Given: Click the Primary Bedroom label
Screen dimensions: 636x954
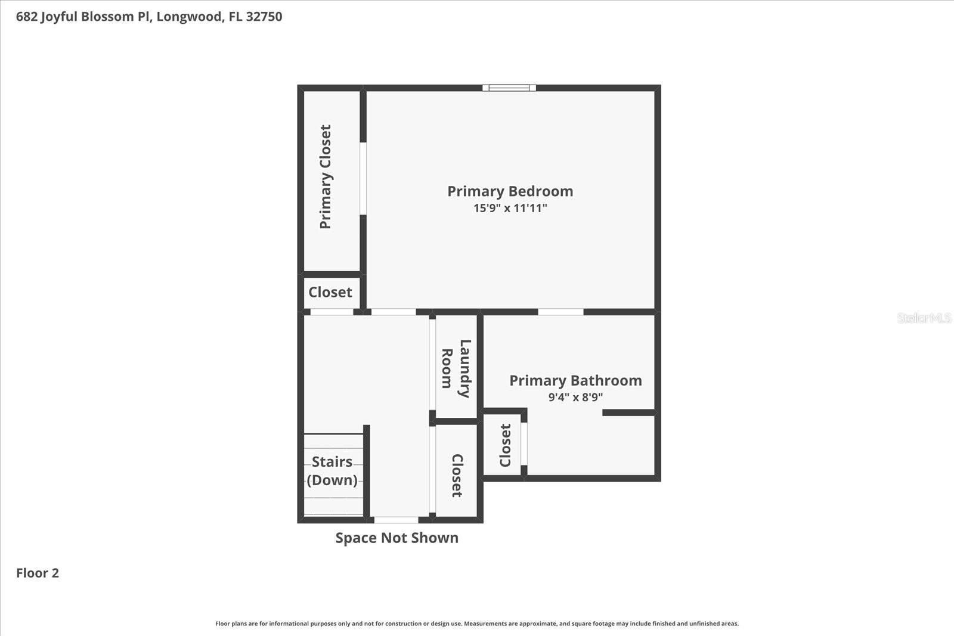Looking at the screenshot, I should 510,191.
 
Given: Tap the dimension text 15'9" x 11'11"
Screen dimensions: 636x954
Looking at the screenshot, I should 510,208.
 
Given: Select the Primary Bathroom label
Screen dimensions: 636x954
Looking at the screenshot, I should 575,380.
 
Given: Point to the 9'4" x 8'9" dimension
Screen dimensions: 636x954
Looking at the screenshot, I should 575,397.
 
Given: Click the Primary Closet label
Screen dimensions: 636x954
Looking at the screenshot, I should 326,176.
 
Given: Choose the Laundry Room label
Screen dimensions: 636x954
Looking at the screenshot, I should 456,368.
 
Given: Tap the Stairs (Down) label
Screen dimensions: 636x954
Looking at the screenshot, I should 332,470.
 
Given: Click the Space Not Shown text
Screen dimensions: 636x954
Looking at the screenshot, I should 397,538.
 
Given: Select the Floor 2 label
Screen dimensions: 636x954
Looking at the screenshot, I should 38,573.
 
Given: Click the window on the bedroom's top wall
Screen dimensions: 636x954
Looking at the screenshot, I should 509,88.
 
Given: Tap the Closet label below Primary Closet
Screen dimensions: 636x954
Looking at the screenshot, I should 330,292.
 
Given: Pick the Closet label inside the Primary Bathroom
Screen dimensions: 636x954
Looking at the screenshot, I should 506,445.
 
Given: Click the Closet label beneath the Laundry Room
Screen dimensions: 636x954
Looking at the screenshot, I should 457,475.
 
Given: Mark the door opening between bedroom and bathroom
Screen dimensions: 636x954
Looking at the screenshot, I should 560,312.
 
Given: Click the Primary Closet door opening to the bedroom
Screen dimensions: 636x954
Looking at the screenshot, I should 363,178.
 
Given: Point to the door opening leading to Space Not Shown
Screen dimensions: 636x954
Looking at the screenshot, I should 396,520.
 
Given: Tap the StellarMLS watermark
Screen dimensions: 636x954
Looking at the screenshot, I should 924,318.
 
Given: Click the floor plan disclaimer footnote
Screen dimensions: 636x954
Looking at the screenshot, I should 476,623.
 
